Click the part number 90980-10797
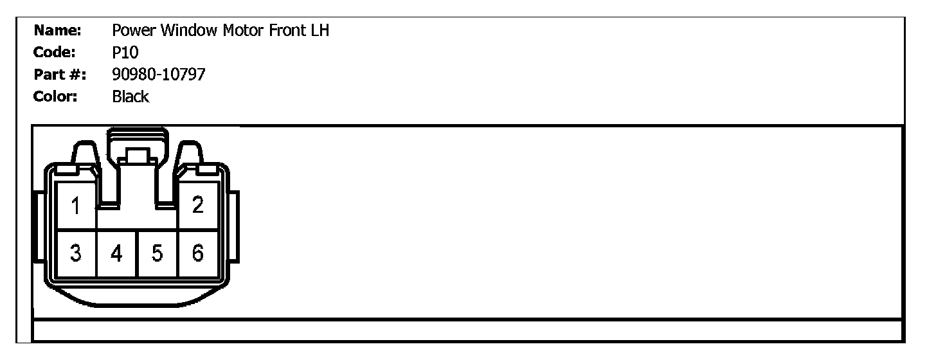158,75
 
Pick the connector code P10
125,53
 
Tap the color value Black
130,97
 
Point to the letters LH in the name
319,30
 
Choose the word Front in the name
286,30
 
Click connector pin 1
76,207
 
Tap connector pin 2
198,206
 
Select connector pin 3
76,253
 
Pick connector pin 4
116,254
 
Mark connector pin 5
157,254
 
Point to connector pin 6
198,254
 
